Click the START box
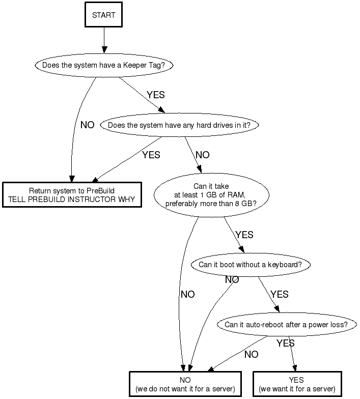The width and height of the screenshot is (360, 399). [x=104, y=15]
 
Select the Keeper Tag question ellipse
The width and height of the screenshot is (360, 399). [x=103, y=65]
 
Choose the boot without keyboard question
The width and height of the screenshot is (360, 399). [x=250, y=265]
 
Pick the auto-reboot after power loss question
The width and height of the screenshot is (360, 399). [x=286, y=325]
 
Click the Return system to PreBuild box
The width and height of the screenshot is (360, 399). [x=71, y=195]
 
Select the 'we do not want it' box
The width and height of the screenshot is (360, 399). [x=185, y=384]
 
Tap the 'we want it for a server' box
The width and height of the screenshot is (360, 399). [x=296, y=384]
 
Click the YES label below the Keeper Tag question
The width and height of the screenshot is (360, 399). [x=156, y=95]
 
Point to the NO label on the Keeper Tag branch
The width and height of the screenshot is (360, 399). [x=87, y=125]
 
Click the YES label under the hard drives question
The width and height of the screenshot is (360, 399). [x=151, y=155]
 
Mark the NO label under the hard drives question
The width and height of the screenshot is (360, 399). [x=202, y=155]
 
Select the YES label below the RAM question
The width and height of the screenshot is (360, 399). [x=244, y=235]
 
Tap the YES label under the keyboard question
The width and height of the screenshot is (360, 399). [x=280, y=294]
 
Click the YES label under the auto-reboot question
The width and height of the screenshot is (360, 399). [x=286, y=344]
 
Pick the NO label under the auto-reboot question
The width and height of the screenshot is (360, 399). [x=251, y=354]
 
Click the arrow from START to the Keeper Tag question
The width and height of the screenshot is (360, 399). [x=104, y=40]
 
